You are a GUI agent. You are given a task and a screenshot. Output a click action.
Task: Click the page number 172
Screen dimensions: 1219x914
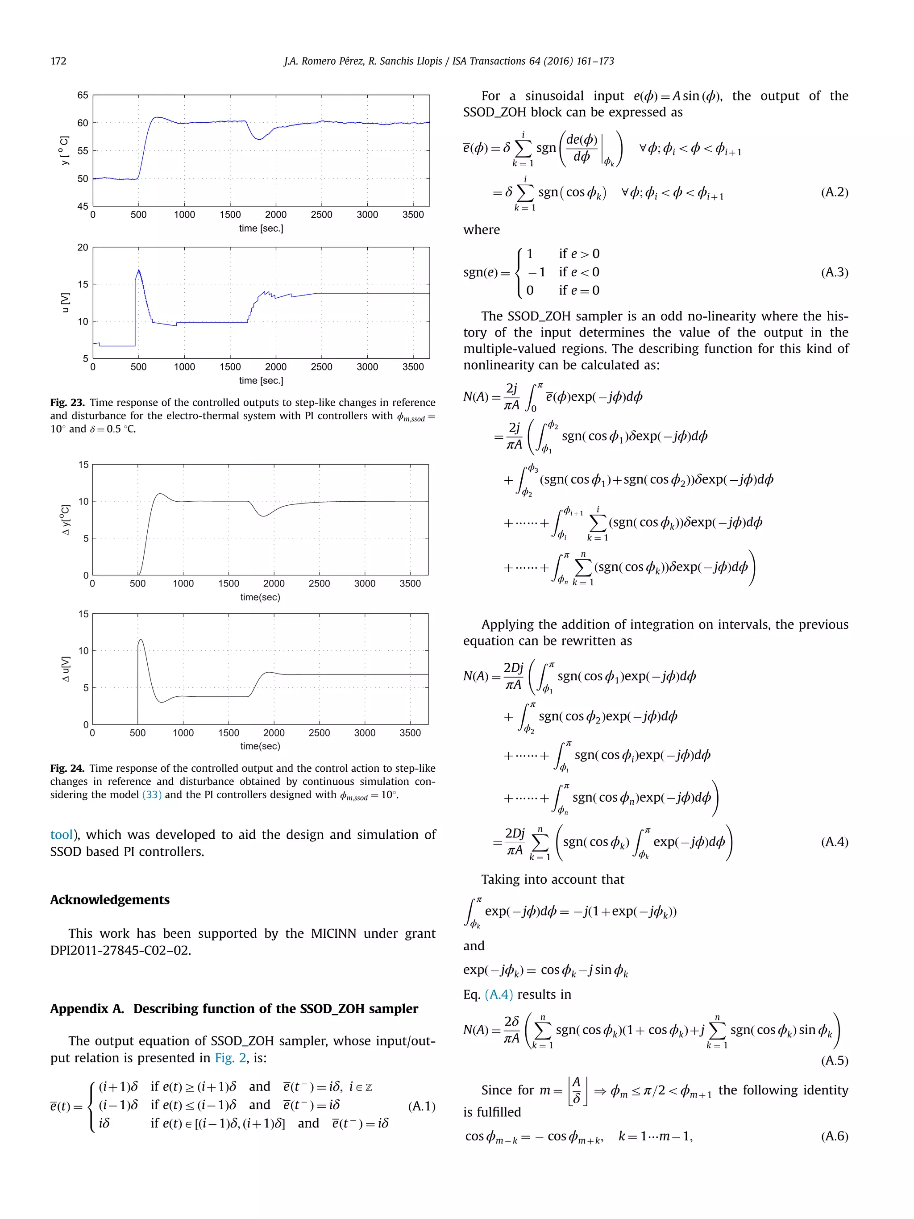pyautogui.click(x=58, y=61)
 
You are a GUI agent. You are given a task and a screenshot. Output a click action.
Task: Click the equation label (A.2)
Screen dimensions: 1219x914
pyautogui.click(x=834, y=192)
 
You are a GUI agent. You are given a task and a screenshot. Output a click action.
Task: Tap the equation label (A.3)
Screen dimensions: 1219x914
pyautogui.click(x=834, y=272)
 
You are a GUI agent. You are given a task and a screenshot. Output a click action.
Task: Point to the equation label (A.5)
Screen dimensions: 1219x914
pyautogui.click(x=834, y=1060)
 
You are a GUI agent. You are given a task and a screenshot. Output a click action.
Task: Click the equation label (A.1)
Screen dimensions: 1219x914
pyautogui.click(x=421, y=1106)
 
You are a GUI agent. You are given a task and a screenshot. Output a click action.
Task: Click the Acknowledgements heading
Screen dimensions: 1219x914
pyautogui.click(x=110, y=899)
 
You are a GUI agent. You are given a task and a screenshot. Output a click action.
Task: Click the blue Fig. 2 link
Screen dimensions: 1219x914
pyautogui.click(x=230, y=1057)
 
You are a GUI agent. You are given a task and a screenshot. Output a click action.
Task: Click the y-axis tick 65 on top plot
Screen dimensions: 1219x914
pyautogui.click(x=83, y=96)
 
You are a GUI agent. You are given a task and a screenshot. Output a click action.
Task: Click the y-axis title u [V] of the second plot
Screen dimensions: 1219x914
pyautogui.click(x=66, y=303)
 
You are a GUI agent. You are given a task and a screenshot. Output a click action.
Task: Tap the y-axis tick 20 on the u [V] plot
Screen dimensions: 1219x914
pyautogui.click(x=83, y=247)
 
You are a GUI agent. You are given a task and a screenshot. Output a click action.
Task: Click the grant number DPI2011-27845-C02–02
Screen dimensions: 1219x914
pyautogui.click(x=120, y=950)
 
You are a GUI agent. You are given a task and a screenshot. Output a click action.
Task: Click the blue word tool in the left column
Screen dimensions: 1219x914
pyautogui.click(x=61, y=835)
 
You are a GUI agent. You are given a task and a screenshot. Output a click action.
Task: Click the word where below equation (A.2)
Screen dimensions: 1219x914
pyautogui.click(x=482, y=230)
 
